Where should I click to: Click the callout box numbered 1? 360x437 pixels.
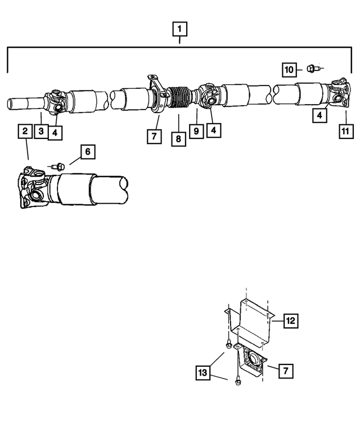179,29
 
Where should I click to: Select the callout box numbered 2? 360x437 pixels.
24,131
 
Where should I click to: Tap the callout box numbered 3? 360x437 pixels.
40,132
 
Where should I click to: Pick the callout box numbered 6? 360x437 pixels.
87,151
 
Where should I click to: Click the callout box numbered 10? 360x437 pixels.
289,70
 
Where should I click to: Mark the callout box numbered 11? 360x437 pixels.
345,131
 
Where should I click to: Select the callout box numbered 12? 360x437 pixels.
290,321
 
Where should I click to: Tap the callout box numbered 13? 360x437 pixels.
204,372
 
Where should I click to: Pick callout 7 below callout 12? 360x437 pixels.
285,371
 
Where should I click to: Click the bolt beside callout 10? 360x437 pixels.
312,69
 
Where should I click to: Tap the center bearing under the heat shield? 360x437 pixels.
251,360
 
